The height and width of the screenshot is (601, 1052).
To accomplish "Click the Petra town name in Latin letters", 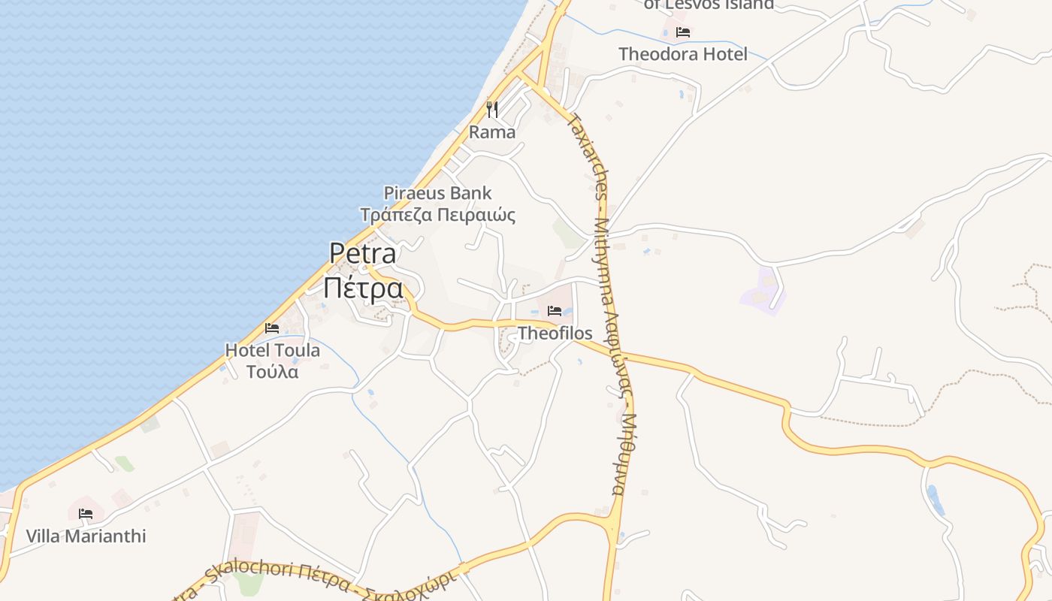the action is [363, 253].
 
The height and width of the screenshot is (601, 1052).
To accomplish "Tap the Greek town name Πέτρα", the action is [363, 288].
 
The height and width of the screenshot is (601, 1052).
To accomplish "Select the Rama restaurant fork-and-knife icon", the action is [492, 110].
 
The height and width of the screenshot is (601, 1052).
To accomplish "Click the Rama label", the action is [492, 132].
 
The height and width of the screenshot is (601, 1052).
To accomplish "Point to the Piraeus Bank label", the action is [437, 193].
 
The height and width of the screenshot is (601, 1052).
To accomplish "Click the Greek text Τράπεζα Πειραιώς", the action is [437, 216].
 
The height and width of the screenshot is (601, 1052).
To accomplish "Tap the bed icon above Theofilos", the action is [555, 310].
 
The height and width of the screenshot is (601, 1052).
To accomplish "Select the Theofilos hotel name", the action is [555, 333].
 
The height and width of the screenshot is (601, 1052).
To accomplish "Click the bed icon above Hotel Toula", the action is [272, 328].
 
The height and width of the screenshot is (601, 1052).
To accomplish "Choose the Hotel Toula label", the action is [272, 350].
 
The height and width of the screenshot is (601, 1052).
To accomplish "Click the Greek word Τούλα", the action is [272, 372].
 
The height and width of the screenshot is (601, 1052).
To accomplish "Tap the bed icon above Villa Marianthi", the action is [86, 514].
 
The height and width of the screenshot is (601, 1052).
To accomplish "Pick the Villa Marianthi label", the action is [86, 536].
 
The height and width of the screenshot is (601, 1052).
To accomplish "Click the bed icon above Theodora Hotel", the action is [682, 32].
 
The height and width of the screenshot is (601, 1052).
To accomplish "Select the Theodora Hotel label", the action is [682, 54].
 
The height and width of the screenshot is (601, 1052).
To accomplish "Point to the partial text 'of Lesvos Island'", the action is [709, 5].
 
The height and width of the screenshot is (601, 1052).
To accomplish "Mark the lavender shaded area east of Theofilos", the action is [763, 293].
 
